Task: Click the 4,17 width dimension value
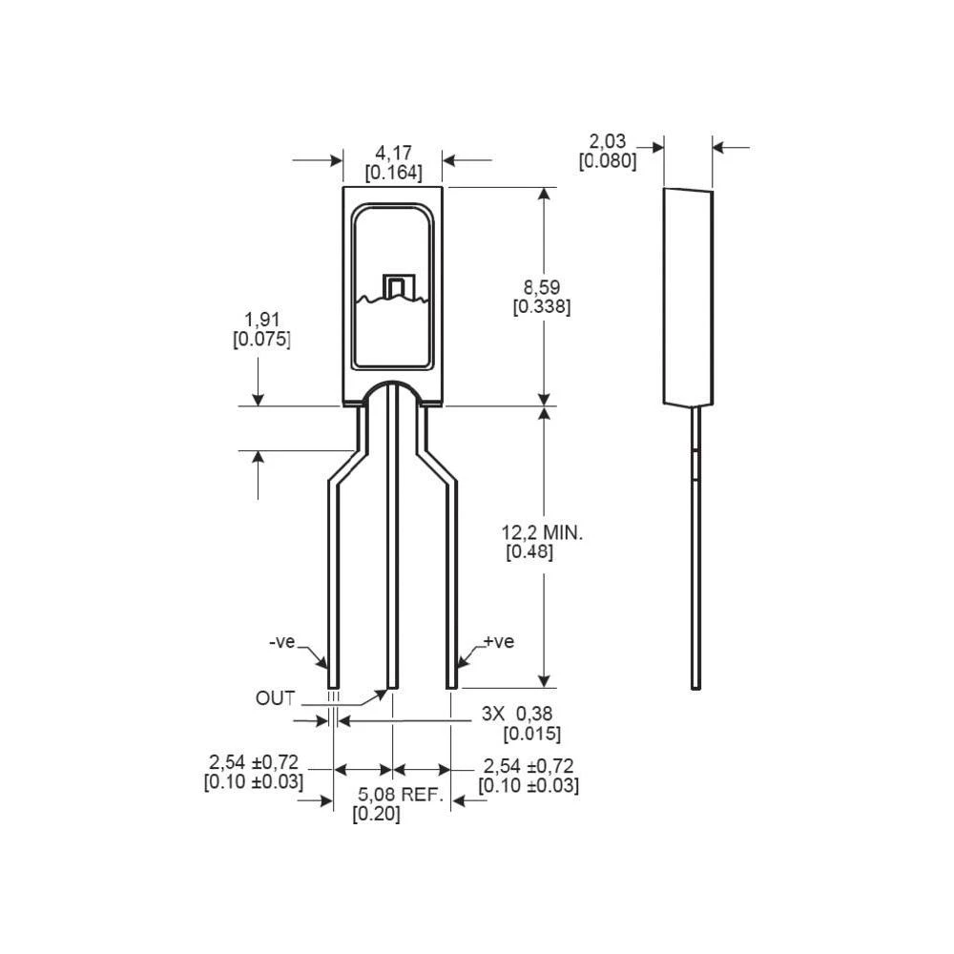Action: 393,153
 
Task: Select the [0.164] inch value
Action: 393,173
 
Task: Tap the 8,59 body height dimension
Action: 542,286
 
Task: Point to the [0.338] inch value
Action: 542,307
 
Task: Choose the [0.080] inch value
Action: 607,161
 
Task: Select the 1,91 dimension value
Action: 261,320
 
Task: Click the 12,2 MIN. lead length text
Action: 542,532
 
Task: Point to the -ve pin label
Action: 282,642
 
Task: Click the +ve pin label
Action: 498,641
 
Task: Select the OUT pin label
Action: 276,697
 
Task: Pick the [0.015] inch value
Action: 531,734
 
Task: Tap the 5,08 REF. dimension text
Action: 401,795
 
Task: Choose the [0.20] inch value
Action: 376,815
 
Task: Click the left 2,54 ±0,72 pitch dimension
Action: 254,763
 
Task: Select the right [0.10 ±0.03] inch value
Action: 528,785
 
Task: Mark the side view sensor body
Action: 688,296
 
